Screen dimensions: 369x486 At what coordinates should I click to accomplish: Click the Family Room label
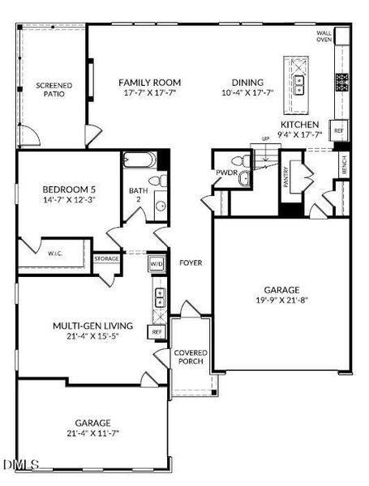click(149, 83)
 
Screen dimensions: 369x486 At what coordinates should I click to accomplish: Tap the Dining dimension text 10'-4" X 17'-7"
click(247, 92)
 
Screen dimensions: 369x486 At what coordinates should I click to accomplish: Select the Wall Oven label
click(324, 36)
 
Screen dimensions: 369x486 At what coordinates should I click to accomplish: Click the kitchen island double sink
click(299, 85)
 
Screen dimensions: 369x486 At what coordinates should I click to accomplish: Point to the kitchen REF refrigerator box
click(338, 130)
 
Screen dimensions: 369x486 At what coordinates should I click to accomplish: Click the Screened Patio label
click(54, 90)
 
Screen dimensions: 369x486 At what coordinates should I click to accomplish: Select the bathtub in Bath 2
click(139, 160)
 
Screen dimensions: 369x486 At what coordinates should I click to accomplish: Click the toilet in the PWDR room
click(242, 161)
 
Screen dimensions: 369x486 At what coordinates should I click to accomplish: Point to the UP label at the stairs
click(266, 139)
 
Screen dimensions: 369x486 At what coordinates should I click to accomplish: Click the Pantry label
click(285, 177)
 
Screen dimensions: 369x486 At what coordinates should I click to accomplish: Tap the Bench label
click(344, 164)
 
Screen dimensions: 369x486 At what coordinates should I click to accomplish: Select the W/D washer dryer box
click(156, 264)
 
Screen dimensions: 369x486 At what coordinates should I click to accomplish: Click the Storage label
click(106, 258)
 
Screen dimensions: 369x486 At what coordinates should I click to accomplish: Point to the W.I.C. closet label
click(55, 254)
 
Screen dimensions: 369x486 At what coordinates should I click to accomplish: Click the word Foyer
click(191, 262)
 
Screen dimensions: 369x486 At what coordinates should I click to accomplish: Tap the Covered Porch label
click(191, 357)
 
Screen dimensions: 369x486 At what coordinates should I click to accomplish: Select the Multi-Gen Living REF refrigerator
click(157, 332)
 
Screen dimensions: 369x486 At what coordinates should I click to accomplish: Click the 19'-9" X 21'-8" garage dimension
click(281, 300)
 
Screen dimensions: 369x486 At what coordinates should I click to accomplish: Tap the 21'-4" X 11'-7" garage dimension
click(92, 433)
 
